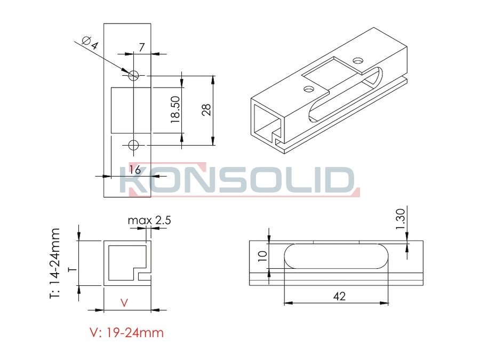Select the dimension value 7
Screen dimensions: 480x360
pos(141,47)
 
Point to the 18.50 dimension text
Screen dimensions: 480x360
pos(175,109)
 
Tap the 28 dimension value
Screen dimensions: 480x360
pos(206,109)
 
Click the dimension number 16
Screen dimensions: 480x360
pos(135,170)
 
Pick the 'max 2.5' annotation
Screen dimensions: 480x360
pos(149,220)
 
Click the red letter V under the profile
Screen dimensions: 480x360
pos(124,303)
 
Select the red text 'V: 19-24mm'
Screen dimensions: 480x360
pos(127,333)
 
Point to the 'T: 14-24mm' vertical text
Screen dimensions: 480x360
pos(55,263)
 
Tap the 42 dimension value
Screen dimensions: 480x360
pos(339,296)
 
